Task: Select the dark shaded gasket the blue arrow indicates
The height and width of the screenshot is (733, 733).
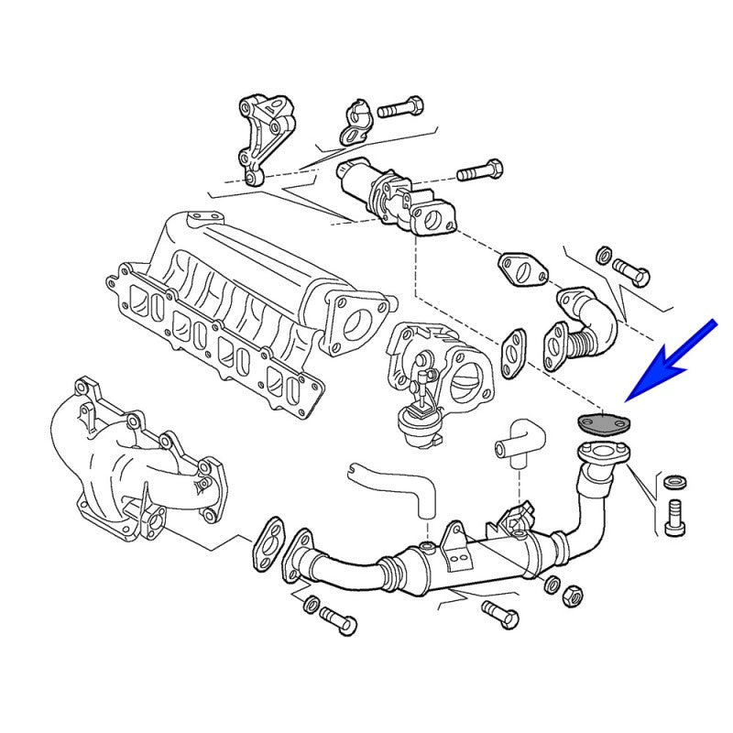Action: pyautogui.click(x=601, y=424)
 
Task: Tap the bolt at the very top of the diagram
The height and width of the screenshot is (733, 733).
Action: pyautogui.click(x=399, y=107)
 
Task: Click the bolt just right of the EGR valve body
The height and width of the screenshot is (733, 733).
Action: pyautogui.click(x=480, y=170)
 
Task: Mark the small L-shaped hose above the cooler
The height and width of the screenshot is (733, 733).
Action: pyautogui.click(x=518, y=441)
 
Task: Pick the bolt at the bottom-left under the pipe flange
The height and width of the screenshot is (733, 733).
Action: pyautogui.click(x=337, y=623)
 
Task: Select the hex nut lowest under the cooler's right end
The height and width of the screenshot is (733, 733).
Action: pyautogui.click(x=573, y=594)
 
